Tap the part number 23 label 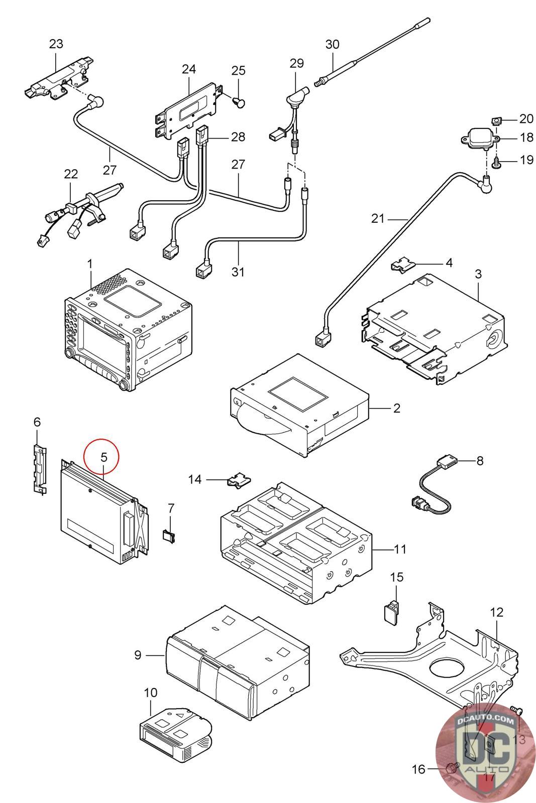pyautogui.click(x=56, y=44)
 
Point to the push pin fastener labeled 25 pyautogui.click(x=240, y=102)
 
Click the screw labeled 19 pyautogui.click(x=496, y=162)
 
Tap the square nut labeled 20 pyautogui.click(x=496, y=120)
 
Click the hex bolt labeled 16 pyautogui.click(x=452, y=767)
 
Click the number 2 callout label pyautogui.click(x=396, y=408)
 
